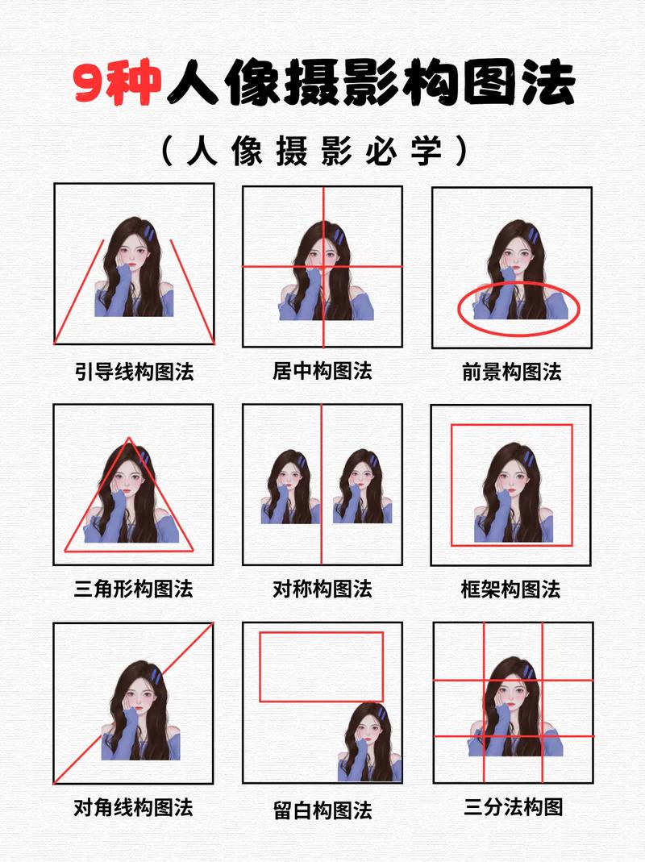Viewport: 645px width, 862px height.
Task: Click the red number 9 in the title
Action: coord(95,83)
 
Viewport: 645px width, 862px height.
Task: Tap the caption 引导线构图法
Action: coord(134,372)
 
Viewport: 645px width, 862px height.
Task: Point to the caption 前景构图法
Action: coord(511,372)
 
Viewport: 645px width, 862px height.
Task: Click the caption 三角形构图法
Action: coord(134,589)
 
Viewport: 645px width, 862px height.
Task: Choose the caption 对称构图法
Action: coord(322,589)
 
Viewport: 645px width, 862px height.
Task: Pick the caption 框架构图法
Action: coord(511,589)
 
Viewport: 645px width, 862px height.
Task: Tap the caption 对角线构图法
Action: coord(134,807)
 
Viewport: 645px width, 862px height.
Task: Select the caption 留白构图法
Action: coord(322,809)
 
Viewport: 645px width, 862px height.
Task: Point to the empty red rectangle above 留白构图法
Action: coord(321,666)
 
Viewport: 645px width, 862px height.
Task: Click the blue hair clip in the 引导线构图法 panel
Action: coord(150,234)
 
